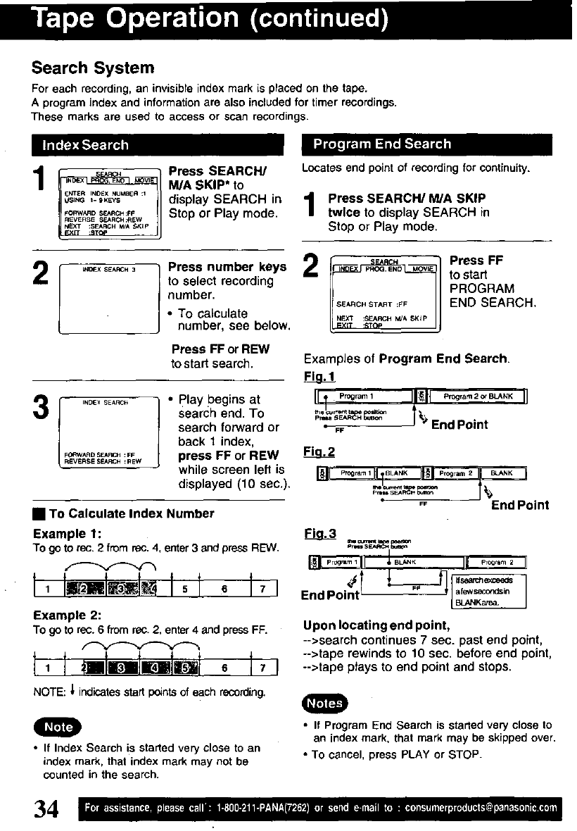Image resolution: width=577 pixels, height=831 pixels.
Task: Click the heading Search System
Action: [92, 68]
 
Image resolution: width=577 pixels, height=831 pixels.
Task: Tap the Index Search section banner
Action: [85, 145]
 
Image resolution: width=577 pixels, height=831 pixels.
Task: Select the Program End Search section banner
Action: [382, 144]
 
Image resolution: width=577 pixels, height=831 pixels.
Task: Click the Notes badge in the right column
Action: [324, 703]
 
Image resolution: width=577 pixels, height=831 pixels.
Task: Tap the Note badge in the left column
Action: [58, 726]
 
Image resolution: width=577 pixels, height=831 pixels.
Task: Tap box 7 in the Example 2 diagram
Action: [265, 667]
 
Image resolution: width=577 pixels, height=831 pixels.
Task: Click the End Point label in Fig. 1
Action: [459, 425]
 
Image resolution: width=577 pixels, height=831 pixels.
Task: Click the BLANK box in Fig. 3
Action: [406, 562]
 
